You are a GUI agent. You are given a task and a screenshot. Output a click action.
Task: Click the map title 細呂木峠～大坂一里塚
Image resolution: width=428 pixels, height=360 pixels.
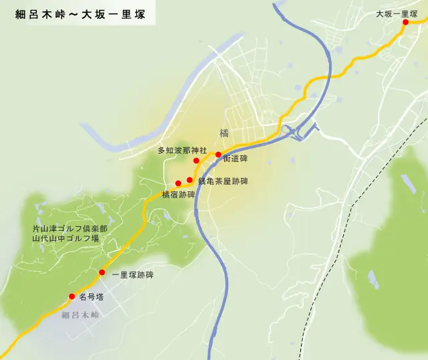(x=80, y=13)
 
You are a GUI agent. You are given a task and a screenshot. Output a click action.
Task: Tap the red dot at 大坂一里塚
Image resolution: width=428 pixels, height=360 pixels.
(x=405, y=22)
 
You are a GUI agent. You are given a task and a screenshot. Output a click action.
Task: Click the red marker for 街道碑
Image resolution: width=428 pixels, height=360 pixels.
(x=218, y=155)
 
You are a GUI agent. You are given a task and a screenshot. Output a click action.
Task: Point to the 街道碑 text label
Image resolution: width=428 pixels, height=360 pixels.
(x=235, y=159)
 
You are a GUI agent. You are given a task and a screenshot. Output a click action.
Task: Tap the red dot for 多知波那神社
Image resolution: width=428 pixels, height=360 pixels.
(x=196, y=161)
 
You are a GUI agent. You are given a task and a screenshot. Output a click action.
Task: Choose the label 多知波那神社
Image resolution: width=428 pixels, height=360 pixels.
(x=182, y=150)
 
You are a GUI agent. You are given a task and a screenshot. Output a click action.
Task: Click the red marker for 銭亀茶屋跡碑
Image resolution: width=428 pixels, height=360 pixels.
(x=190, y=180)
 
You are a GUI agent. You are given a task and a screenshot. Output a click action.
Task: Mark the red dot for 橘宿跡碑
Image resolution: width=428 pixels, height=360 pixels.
(x=178, y=183)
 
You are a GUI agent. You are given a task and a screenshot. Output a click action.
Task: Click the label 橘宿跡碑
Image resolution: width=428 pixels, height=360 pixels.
(x=178, y=195)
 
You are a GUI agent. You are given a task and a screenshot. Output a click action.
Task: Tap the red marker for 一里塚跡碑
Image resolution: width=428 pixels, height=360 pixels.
(x=102, y=272)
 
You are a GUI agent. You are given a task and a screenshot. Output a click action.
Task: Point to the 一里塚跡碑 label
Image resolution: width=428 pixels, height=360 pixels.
(x=132, y=275)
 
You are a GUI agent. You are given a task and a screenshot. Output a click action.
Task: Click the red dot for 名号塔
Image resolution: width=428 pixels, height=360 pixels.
(x=72, y=296)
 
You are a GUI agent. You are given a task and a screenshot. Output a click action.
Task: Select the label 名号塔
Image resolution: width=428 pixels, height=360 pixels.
(x=91, y=296)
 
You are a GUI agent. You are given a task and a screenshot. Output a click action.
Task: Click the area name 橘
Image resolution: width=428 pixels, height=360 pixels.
(x=223, y=133)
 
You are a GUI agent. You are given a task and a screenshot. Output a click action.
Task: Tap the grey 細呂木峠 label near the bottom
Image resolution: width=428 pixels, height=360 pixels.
(x=79, y=314)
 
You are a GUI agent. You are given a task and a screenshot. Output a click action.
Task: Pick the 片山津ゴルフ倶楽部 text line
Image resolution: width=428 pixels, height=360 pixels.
(x=70, y=229)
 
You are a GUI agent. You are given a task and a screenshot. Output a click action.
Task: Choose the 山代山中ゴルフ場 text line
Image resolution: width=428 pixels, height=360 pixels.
(x=66, y=238)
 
